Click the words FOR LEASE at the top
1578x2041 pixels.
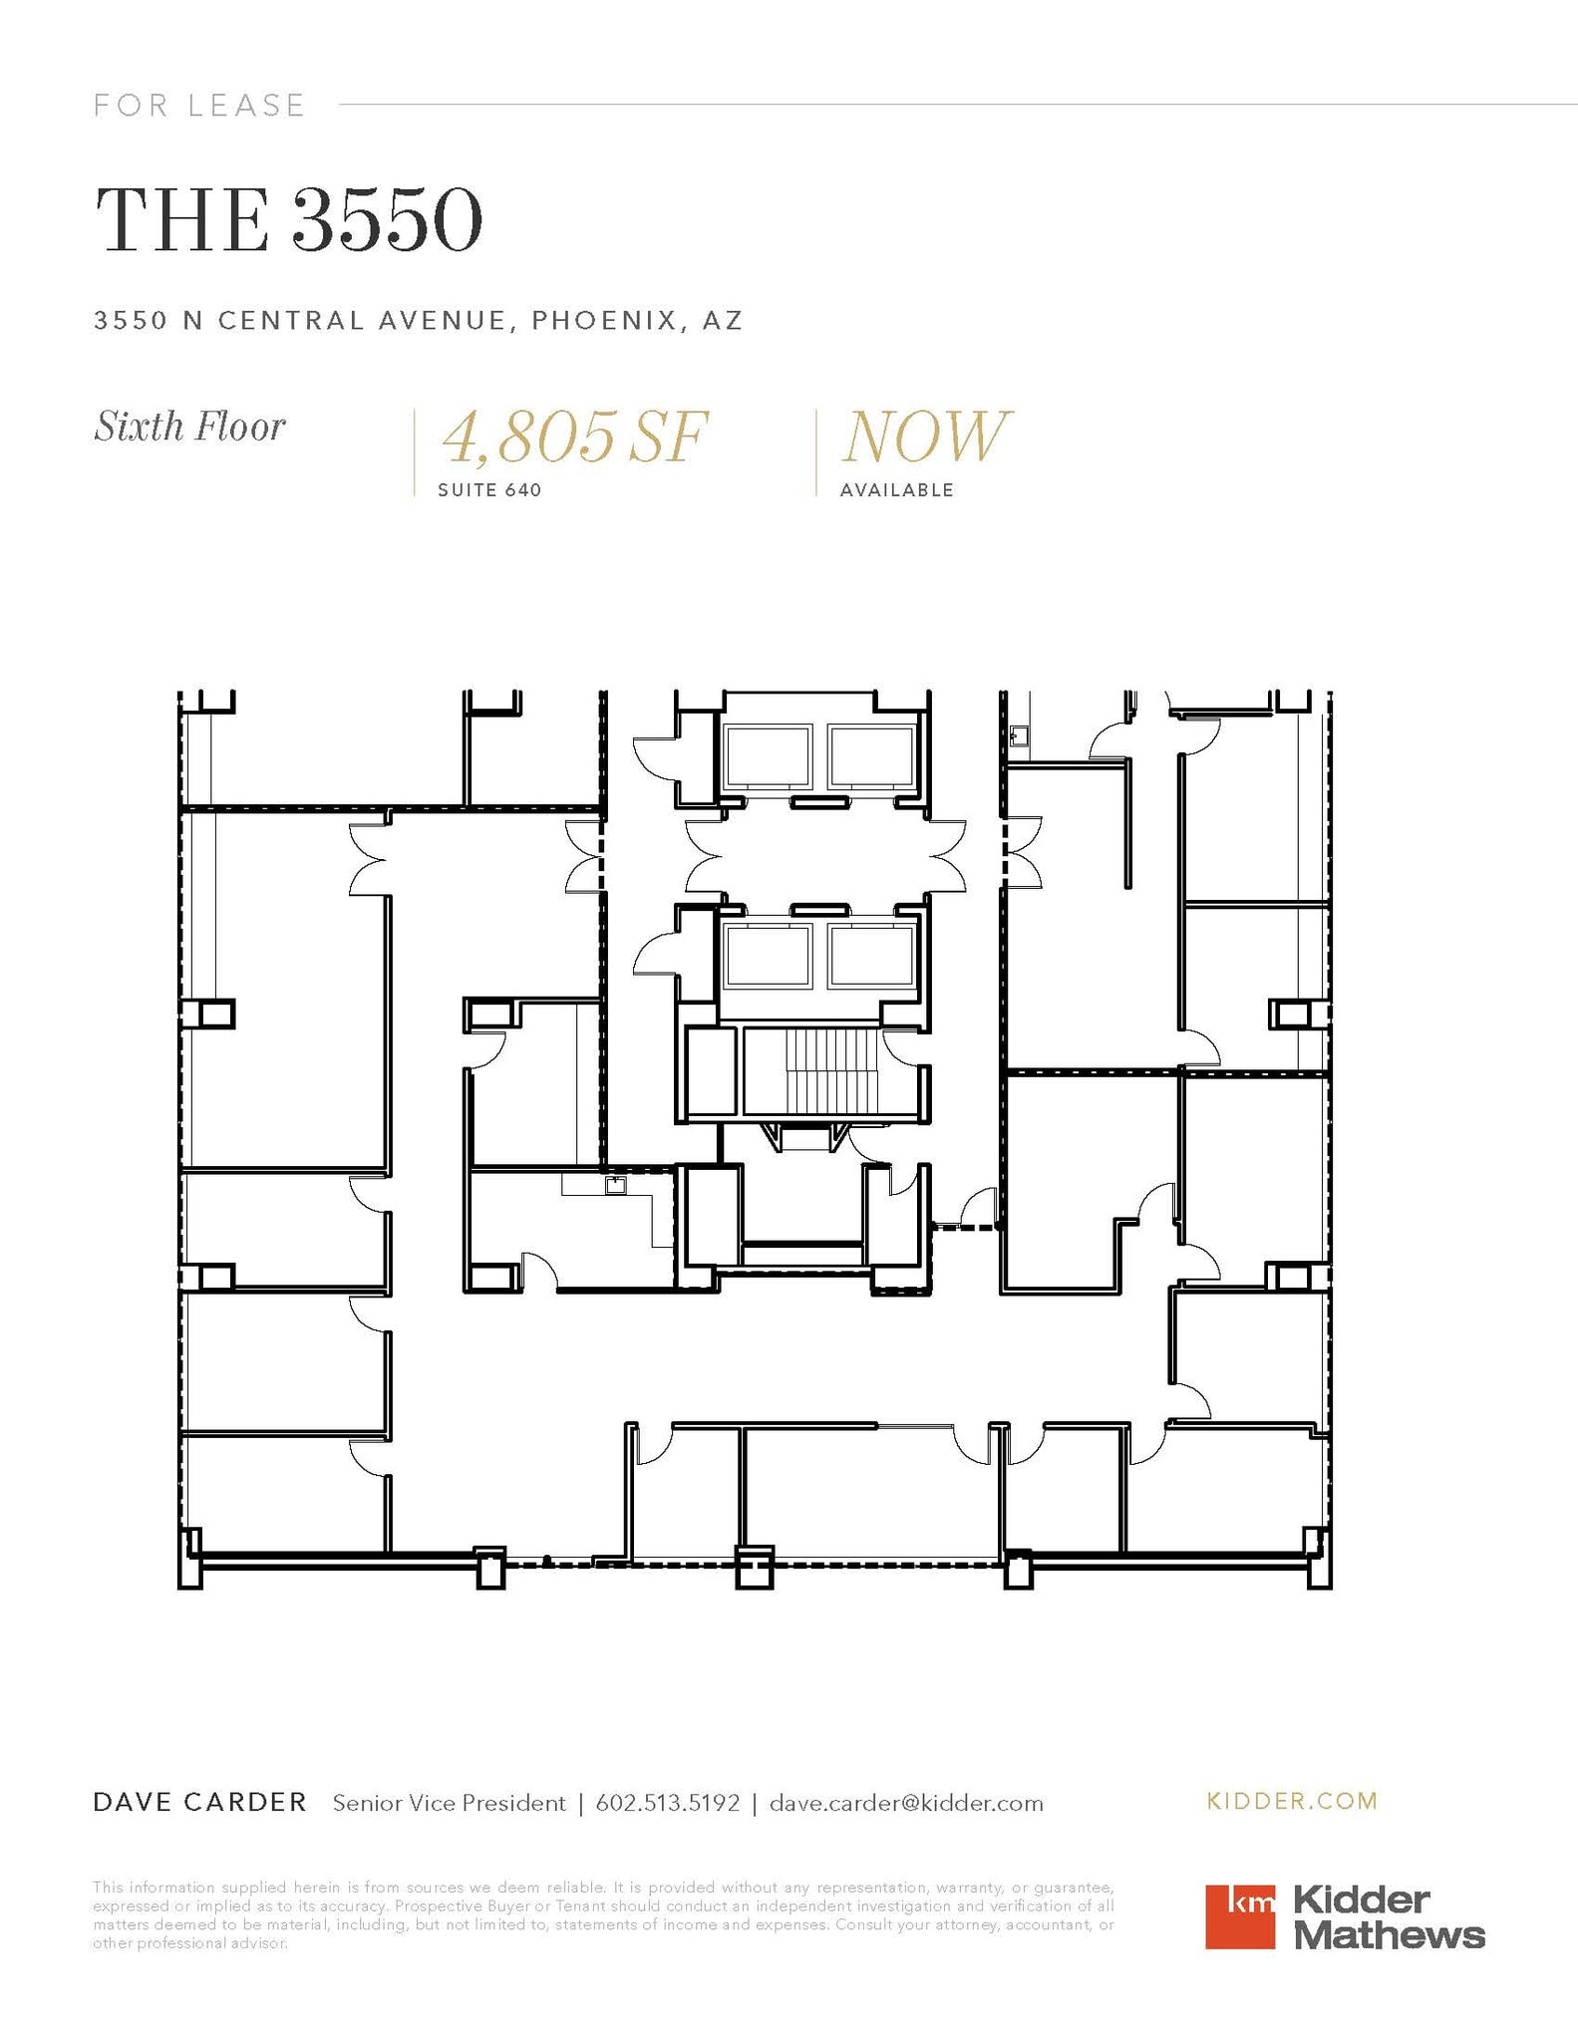(199, 105)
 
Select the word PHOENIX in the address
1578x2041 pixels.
(598, 320)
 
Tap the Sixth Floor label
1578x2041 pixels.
(189, 427)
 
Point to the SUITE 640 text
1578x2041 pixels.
(489, 489)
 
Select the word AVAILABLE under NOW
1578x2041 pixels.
(896, 489)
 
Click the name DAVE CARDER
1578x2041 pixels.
(199, 1802)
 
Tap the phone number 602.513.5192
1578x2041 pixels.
(667, 1802)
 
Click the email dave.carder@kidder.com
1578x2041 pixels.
(906, 1802)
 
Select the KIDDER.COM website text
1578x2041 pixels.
(1292, 1800)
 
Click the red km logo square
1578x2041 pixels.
(1239, 1915)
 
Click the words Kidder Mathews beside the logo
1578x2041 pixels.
(1388, 1917)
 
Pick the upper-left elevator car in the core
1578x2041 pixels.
(768, 756)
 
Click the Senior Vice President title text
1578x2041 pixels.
(449, 1802)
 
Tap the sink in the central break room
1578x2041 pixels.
(615, 1185)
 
